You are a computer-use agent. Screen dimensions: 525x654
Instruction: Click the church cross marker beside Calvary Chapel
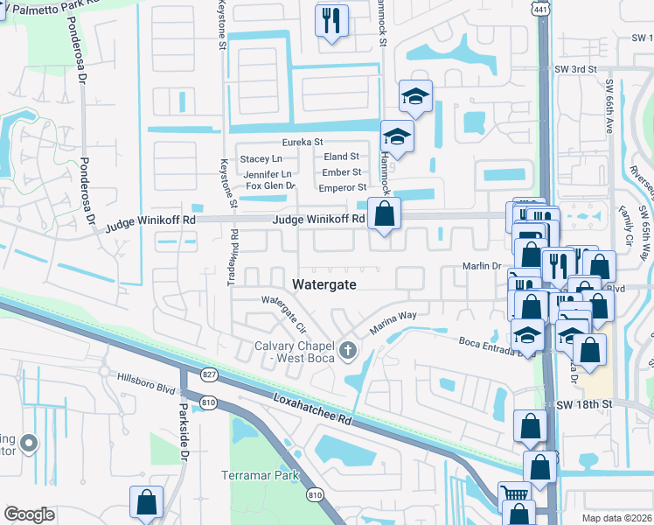[349, 352]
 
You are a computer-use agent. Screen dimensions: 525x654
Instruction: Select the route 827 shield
[208, 374]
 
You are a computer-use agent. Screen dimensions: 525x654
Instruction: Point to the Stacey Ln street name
[261, 158]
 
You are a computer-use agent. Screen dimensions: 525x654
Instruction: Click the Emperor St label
[341, 187]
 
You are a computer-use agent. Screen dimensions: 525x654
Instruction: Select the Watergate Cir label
[285, 313]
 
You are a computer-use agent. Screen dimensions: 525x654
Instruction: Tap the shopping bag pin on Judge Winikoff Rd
[384, 213]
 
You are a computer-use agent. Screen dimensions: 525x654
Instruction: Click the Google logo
[30, 514]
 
